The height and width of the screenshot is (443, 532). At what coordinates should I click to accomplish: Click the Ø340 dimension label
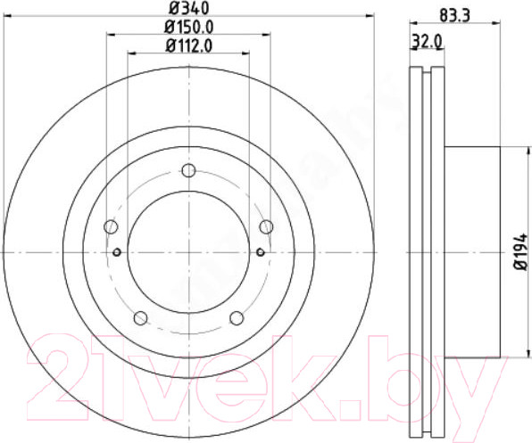pyautogui.click(x=188, y=8)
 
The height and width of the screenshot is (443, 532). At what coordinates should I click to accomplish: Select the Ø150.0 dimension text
pyautogui.click(x=189, y=27)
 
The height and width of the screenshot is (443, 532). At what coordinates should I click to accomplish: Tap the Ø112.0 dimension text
pyautogui.click(x=189, y=45)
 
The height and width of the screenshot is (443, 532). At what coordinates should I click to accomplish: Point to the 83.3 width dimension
pyautogui.click(x=455, y=15)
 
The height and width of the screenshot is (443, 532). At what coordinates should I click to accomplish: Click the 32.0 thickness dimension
pyautogui.click(x=427, y=42)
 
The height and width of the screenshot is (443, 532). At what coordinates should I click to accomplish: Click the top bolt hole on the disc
pyautogui.click(x=188, y=170)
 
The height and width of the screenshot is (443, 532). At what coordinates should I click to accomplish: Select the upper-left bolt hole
pyautogui.click(x=111, y=226)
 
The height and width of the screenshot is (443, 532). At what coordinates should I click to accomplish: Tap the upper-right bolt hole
pyautogui.click(x=266, y=226)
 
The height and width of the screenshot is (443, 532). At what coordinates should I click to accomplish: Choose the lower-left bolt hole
pyautogui.click(x=140, y=318)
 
